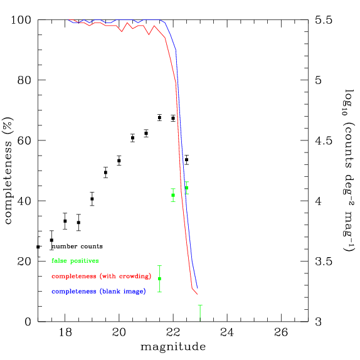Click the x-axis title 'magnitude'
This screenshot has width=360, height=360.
click(172, 346)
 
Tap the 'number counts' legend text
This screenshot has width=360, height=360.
click(77, 246)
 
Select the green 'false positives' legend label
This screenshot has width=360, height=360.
click(75, 261)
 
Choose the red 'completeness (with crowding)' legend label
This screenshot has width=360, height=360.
click(102, 276)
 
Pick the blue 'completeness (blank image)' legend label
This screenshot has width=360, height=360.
click(98, 291)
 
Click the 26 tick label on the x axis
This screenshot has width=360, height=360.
click(281, 332)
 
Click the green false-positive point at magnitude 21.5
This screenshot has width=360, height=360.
click(159, 278)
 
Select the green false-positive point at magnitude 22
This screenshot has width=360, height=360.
click(173, 195)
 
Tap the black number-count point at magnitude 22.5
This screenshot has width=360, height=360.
click(186, 160)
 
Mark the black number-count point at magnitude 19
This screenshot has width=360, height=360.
click(92, 199)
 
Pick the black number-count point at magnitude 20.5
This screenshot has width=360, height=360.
click(132, 138)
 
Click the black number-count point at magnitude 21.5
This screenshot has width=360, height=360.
click(159, 118)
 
